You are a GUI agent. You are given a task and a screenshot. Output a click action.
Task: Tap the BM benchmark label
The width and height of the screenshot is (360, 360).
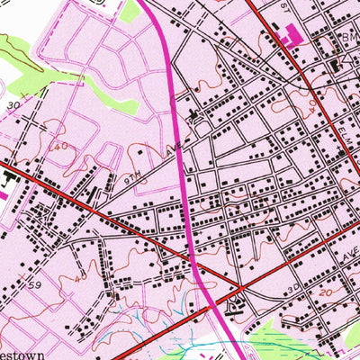(349, 38)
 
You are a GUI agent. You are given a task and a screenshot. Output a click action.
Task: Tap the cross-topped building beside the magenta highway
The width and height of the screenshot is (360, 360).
(192, 114)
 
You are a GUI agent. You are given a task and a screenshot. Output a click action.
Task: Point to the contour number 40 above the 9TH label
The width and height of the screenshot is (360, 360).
(61, 146)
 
